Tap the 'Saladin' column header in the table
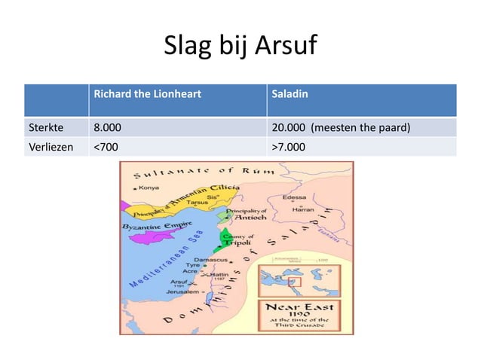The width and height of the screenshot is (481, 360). coord(290,96)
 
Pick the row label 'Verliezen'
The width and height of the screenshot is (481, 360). coord(49,147)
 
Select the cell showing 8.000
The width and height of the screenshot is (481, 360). coord(107,127)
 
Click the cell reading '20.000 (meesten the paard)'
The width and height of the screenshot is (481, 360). coord(340,127)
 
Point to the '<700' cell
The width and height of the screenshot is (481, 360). coord(105,147)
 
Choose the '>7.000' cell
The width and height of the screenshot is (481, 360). coord(289,147)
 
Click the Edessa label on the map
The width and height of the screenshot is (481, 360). coord(294,198)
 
